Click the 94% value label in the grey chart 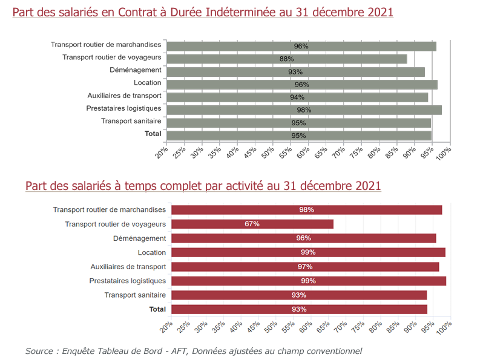tap(297, 97)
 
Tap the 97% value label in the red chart tap(306, 267)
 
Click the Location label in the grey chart tap(148, 82)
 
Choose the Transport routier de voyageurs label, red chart tap(115, 224)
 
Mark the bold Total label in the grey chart tap(153, 133)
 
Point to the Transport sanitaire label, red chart tap(135, 295)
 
